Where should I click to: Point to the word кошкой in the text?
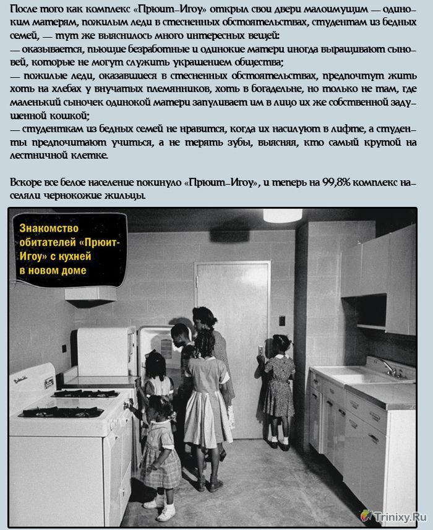[67, 116]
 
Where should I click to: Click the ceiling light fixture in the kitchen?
[282, 215]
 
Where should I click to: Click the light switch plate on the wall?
[282, 320]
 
